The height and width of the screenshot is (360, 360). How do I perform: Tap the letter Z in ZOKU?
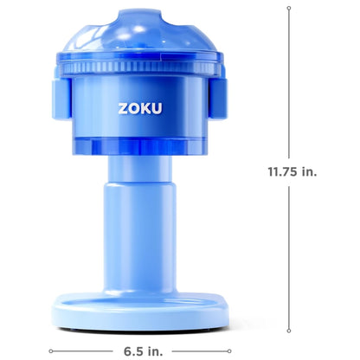pos(122,111)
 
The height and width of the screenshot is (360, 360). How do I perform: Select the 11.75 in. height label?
pos(292,171)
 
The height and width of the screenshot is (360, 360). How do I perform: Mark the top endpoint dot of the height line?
pos(289,6)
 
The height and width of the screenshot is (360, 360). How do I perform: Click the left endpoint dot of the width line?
pos(51,350)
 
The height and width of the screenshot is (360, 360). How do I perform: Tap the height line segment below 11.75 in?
pos(289,260)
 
